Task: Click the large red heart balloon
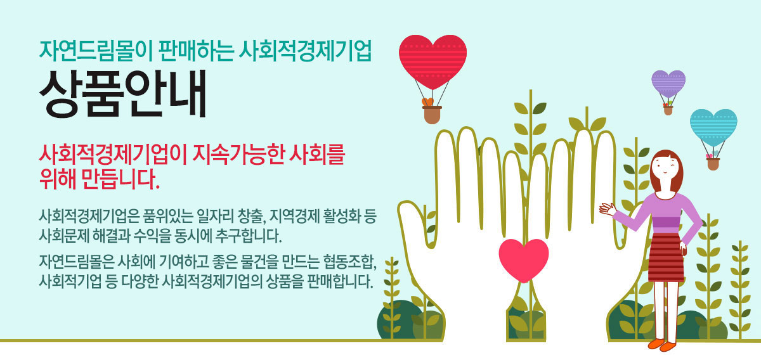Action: [x=433, y=61]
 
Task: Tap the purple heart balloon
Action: [x=668, y=83]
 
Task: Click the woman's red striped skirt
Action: [x=667, y=257]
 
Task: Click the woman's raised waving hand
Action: [x=608, y=209]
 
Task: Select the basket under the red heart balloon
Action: [x=432, y=115]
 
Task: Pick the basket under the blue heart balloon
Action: [x=713, y=164]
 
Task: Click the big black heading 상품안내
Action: [x=123, y=94]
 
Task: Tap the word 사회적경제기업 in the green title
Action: [x=305, y=51]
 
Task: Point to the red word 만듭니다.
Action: [x=120, y=179]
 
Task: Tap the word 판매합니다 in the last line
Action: [x=340, y=281]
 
